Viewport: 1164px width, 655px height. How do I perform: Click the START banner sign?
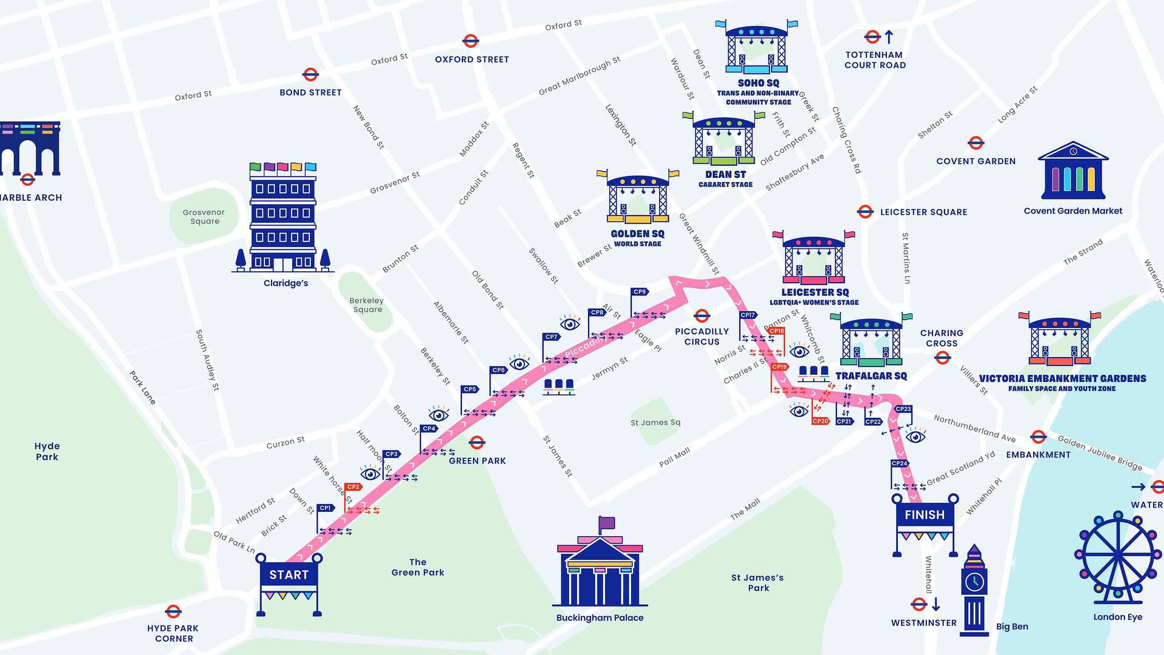coord(289,575)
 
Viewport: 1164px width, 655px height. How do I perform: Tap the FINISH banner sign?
coord(925,515)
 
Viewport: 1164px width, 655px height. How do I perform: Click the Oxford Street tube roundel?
coord(470,41)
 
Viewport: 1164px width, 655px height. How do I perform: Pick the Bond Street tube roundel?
coord(310,75)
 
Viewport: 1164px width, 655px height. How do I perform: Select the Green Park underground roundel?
coord(477,442)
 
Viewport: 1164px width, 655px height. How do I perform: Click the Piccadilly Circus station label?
coord(702,337)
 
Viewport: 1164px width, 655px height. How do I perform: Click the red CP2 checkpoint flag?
coord(353,487)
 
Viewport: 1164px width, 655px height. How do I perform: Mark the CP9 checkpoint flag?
coord(640,292)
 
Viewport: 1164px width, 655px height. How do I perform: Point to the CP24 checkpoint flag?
coord(900,464)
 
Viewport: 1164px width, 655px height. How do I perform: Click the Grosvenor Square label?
coord(204,217)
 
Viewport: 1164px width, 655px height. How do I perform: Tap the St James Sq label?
coord(655,423)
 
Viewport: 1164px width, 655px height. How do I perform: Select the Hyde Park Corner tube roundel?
coord(173,611)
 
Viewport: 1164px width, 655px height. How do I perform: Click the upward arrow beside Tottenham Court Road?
coord(889,37)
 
